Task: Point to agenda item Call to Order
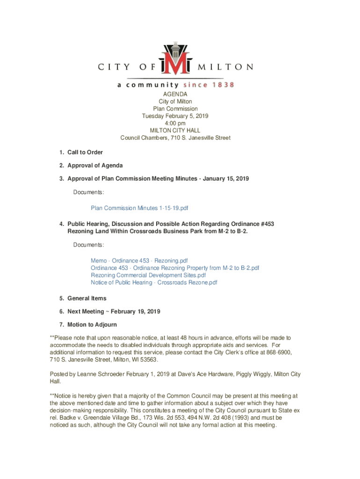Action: [x=85, y=152]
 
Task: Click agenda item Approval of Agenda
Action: [x=95, y=165]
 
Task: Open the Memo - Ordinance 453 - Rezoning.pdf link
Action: [x=139, y=261]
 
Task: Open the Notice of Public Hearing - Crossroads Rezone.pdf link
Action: [x=154, y=283]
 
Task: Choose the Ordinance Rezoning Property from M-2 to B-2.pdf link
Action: [x=175, y=268]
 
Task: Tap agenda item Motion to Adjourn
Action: [x=92, y=324]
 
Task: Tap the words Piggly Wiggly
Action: [x=245, y=374]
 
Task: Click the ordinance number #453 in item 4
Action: [x=266, y=224]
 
